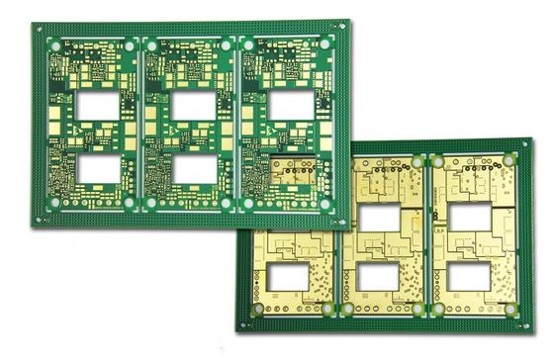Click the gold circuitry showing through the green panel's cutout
coord(293,174)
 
